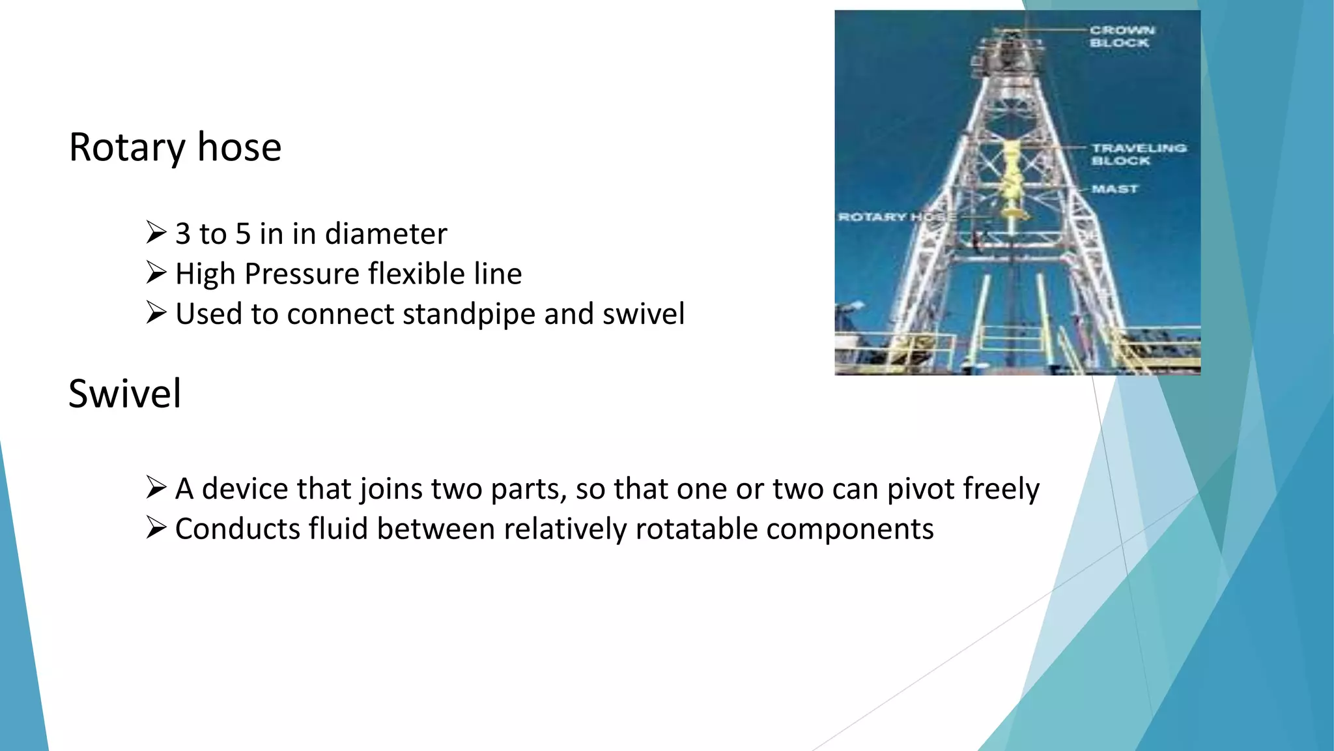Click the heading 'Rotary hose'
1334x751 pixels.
coord(175,147)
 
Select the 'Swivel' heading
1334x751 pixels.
coord(124,394)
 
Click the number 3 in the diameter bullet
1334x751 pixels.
coord(183,234)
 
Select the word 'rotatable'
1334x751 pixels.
coord(696,529)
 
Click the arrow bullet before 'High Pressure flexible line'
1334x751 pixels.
coord(156,272)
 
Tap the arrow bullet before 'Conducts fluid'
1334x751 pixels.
coord(156,527)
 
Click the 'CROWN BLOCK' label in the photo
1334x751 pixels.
coord(1122,37)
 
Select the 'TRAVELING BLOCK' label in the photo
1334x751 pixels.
coord(1139,155)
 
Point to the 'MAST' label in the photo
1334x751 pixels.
coord(1114,189)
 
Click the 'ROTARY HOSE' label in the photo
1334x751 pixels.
coord(896,216)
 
